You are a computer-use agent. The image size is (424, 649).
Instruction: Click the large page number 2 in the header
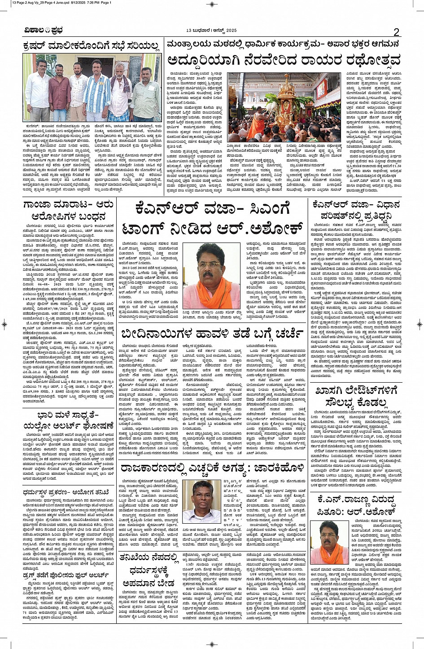(x=396, y=32)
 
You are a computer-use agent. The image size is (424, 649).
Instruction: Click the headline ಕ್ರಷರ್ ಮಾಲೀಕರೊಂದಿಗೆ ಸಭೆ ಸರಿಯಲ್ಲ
(x=92, y=46)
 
